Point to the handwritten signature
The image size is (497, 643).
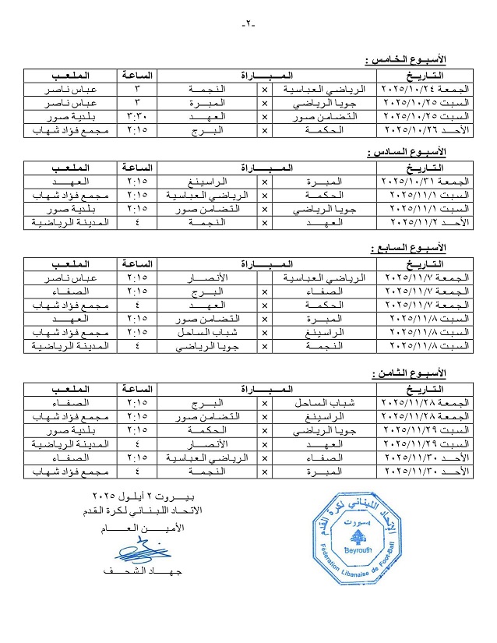tap(145, 553)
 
